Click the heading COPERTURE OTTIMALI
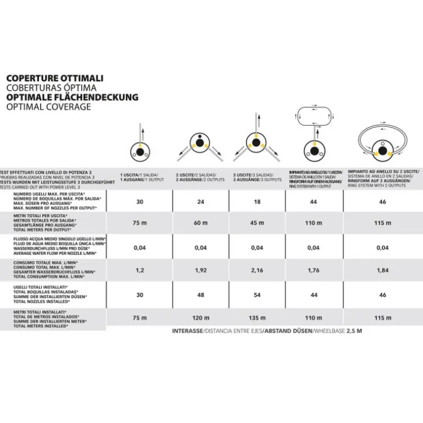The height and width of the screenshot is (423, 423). coord(54,79)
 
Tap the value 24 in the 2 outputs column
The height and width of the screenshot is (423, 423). coord(200,202)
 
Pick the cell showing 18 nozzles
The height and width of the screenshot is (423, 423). coord(257,202)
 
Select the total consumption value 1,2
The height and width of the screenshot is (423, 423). coord(140,271)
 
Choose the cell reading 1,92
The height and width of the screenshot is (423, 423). coord(200,271)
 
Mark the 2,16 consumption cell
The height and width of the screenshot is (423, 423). coord(257,271)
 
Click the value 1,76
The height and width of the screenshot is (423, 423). coord(313,271)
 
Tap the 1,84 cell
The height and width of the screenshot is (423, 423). coord(382,271)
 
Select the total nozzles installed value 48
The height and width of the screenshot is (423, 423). coord(200,295)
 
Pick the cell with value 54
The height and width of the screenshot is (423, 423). coord(257,295)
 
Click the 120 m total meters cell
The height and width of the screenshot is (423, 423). coord(200,318)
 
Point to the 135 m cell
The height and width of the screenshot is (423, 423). coord(257,318)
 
